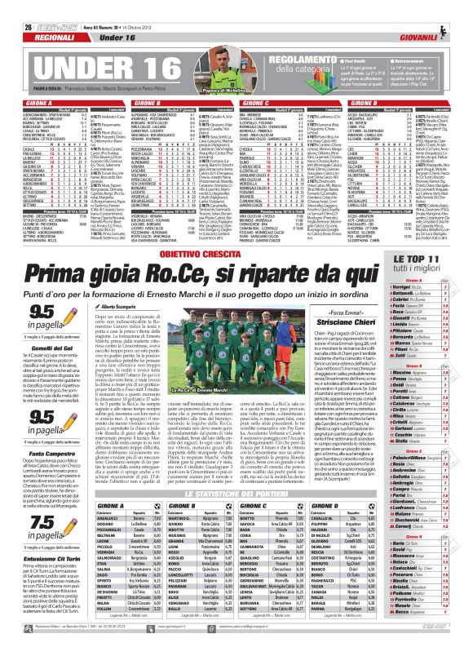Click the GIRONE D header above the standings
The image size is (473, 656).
point(385,105)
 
